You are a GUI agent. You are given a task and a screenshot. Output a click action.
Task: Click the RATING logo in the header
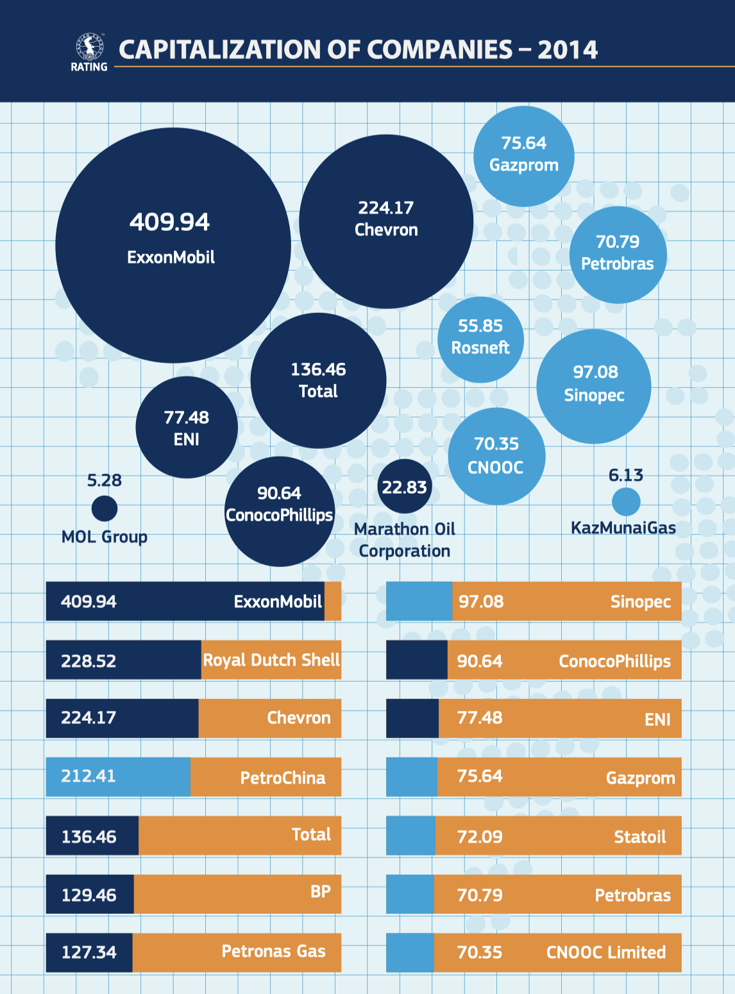pos(89,52)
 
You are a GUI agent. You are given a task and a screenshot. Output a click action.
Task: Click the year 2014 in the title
pos(568,50)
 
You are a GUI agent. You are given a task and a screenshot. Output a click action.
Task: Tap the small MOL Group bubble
pos(105,509)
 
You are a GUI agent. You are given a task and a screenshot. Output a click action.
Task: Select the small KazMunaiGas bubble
pos(626,501)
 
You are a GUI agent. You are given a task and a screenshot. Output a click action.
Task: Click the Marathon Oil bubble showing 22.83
pos(405,487)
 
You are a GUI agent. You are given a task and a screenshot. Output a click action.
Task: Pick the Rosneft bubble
pos(480,340)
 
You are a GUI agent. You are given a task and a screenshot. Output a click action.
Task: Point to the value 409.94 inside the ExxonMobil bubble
pos(169,223)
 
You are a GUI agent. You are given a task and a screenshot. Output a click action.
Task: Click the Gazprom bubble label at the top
pos(524,165)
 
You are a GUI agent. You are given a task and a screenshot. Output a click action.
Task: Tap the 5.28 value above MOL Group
pos(105,480)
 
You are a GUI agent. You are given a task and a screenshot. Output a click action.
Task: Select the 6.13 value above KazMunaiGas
pos(626,475)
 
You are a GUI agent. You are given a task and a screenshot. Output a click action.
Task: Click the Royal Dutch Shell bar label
pos(271,660)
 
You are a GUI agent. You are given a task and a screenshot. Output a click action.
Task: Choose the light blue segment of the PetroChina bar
pos(118,777)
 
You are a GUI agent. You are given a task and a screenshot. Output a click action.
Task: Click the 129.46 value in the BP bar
pos(89,895)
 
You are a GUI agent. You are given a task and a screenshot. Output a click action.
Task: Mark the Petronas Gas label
pos(274,951)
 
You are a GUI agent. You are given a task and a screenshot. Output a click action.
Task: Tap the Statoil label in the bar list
pos(639,837)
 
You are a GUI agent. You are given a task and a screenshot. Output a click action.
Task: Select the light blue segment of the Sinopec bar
pos(419,602)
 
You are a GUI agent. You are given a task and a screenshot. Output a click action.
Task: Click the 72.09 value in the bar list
pos(480,837)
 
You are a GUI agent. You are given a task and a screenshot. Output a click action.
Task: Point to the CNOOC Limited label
pos(606,952)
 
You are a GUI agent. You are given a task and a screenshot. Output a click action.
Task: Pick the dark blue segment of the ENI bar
pos(412,718)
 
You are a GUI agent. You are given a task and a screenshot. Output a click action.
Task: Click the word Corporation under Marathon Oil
pos(405,551)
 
